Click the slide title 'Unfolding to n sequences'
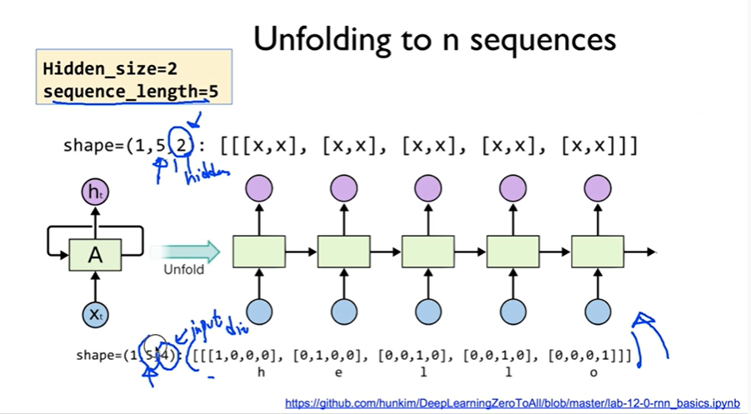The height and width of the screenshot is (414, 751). click(x=434, y=39)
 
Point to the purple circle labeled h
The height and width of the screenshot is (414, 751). click(x=95, y=193)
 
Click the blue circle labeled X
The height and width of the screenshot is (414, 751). click(x=95, y=314)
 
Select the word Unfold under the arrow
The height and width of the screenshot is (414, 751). click(x=184, y=270)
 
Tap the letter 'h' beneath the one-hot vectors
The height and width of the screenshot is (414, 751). click(x=261, y=372)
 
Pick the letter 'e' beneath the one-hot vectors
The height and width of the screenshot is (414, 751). click(x=338, y=372)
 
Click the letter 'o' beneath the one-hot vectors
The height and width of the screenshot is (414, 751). click(x=593, y=372)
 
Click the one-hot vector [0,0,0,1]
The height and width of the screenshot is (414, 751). click(x=583, y=356)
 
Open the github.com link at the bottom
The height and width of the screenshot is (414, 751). click(x=512, y=403)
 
